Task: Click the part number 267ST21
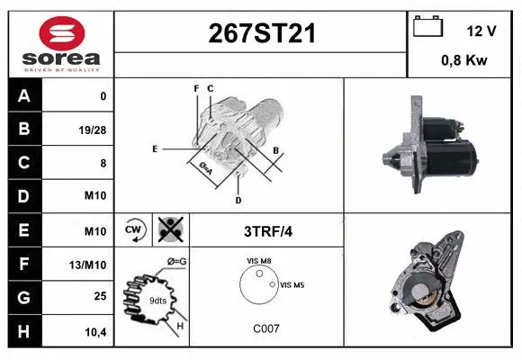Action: click(262, 34)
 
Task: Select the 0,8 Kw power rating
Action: click(465, 61)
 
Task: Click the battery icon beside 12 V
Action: click(427, 27)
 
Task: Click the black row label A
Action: click(22, 95)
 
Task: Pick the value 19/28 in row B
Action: click(94, 130)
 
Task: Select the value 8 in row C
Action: click(103, 163)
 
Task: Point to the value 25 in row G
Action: click(100, 296)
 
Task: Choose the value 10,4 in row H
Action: click(95, 331)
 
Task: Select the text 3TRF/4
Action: click(267, 230)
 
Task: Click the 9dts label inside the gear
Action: click(157, 300)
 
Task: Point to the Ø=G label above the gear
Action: click(175, 261)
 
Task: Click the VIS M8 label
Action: click(259, 261)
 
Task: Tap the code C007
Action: click(265, 328)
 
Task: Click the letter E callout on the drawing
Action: click(155, 148)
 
